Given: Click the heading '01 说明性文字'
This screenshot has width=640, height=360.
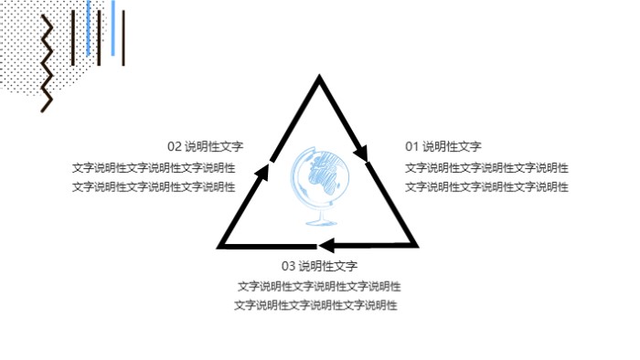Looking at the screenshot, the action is (x=443, y=146).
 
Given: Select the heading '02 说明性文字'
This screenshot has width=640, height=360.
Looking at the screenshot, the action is (x=205, y=146).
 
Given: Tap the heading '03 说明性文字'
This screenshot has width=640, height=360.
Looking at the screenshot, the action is (x=318, y=267).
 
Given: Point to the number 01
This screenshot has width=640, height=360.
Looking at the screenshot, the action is (x=411, y=146).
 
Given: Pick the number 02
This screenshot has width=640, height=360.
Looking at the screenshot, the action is (x=174, y=146).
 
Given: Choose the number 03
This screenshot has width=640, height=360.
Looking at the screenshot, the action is (x=288, y=267).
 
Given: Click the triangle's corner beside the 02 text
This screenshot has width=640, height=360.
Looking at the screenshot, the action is (x=222, y=245).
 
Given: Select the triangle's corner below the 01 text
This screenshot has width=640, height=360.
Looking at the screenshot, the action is (x=415, y=245).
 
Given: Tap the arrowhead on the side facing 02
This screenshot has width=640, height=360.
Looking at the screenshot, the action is (x=269, y=169).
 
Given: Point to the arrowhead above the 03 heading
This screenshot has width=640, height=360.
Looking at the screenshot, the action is (x=325, y=245).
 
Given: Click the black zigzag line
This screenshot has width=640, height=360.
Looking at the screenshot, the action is (x=47, y=64).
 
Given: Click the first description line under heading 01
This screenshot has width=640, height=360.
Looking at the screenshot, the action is (x=486, y=168).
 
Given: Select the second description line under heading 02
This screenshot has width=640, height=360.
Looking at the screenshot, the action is (x=154, y=187).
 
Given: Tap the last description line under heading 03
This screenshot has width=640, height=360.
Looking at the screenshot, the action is (x=315, y=305).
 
